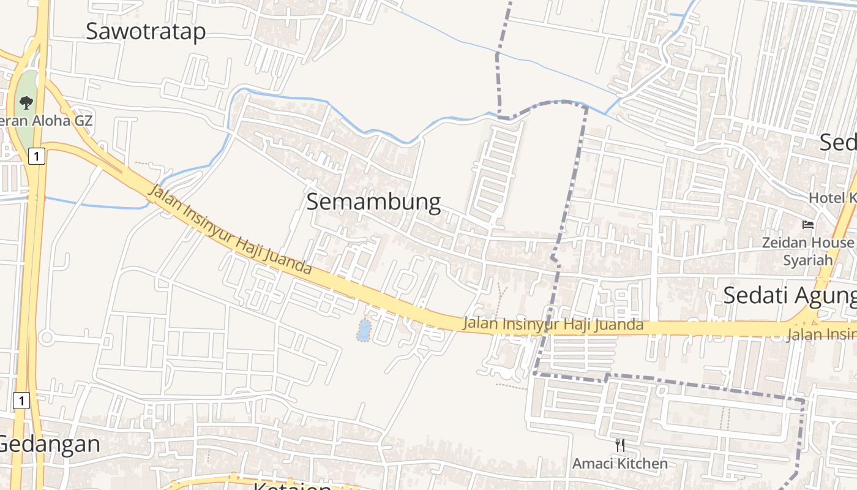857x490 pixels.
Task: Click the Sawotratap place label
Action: [146, 31]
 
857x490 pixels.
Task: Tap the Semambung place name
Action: [373, 202]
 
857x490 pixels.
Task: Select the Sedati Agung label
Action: [790, 295]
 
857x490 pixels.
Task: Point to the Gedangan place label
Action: [49, 444]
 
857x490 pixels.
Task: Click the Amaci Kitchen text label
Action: [620, 464]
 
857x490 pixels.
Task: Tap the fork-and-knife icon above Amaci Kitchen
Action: [620, 445]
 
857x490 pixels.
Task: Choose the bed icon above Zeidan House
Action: [808, 225]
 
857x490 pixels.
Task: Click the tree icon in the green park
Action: [26, 102]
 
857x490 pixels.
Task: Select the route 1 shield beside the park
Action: [37, 156]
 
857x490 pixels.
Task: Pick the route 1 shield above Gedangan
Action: [21, 401]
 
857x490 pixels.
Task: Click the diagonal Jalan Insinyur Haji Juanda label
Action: [230, 230]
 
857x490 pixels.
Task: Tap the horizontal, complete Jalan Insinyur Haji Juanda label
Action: [553, 324]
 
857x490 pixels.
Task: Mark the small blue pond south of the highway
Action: [364, 330]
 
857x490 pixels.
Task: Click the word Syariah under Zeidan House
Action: [808, 260]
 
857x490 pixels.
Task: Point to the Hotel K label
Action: [833, 198]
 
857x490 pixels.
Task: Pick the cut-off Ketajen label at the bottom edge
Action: [293, 486]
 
